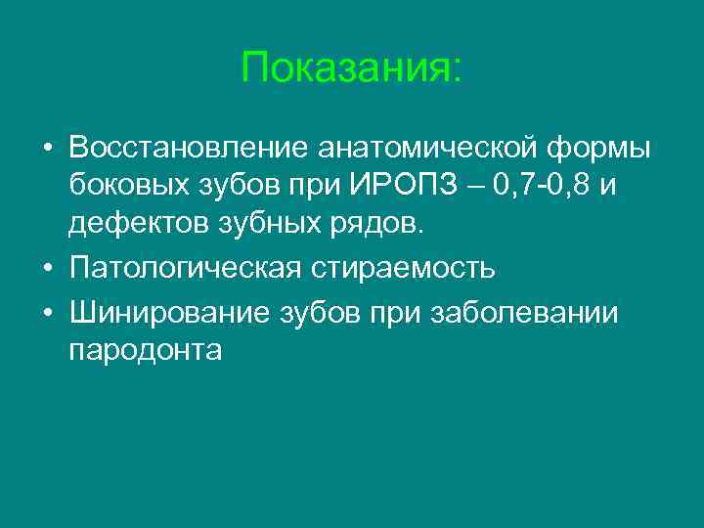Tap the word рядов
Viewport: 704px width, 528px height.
point(380,224)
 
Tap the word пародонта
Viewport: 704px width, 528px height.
point(146,352)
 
